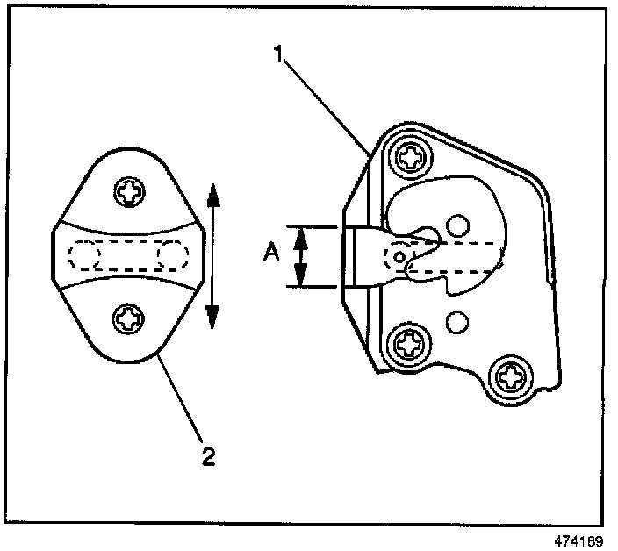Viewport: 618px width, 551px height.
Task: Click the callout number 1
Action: [x=279, y=54]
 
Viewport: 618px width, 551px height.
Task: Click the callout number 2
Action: [x=207, y=456]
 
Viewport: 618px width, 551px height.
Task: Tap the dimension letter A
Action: [x=271, y=254]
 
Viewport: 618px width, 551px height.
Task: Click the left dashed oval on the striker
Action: [x=86, y=255]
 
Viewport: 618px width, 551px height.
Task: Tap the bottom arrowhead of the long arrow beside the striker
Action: [x=212, y=321]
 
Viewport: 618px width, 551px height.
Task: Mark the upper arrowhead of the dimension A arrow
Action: [x=301, y=233]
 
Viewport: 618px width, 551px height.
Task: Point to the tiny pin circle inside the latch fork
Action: [x=400, y=257]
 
